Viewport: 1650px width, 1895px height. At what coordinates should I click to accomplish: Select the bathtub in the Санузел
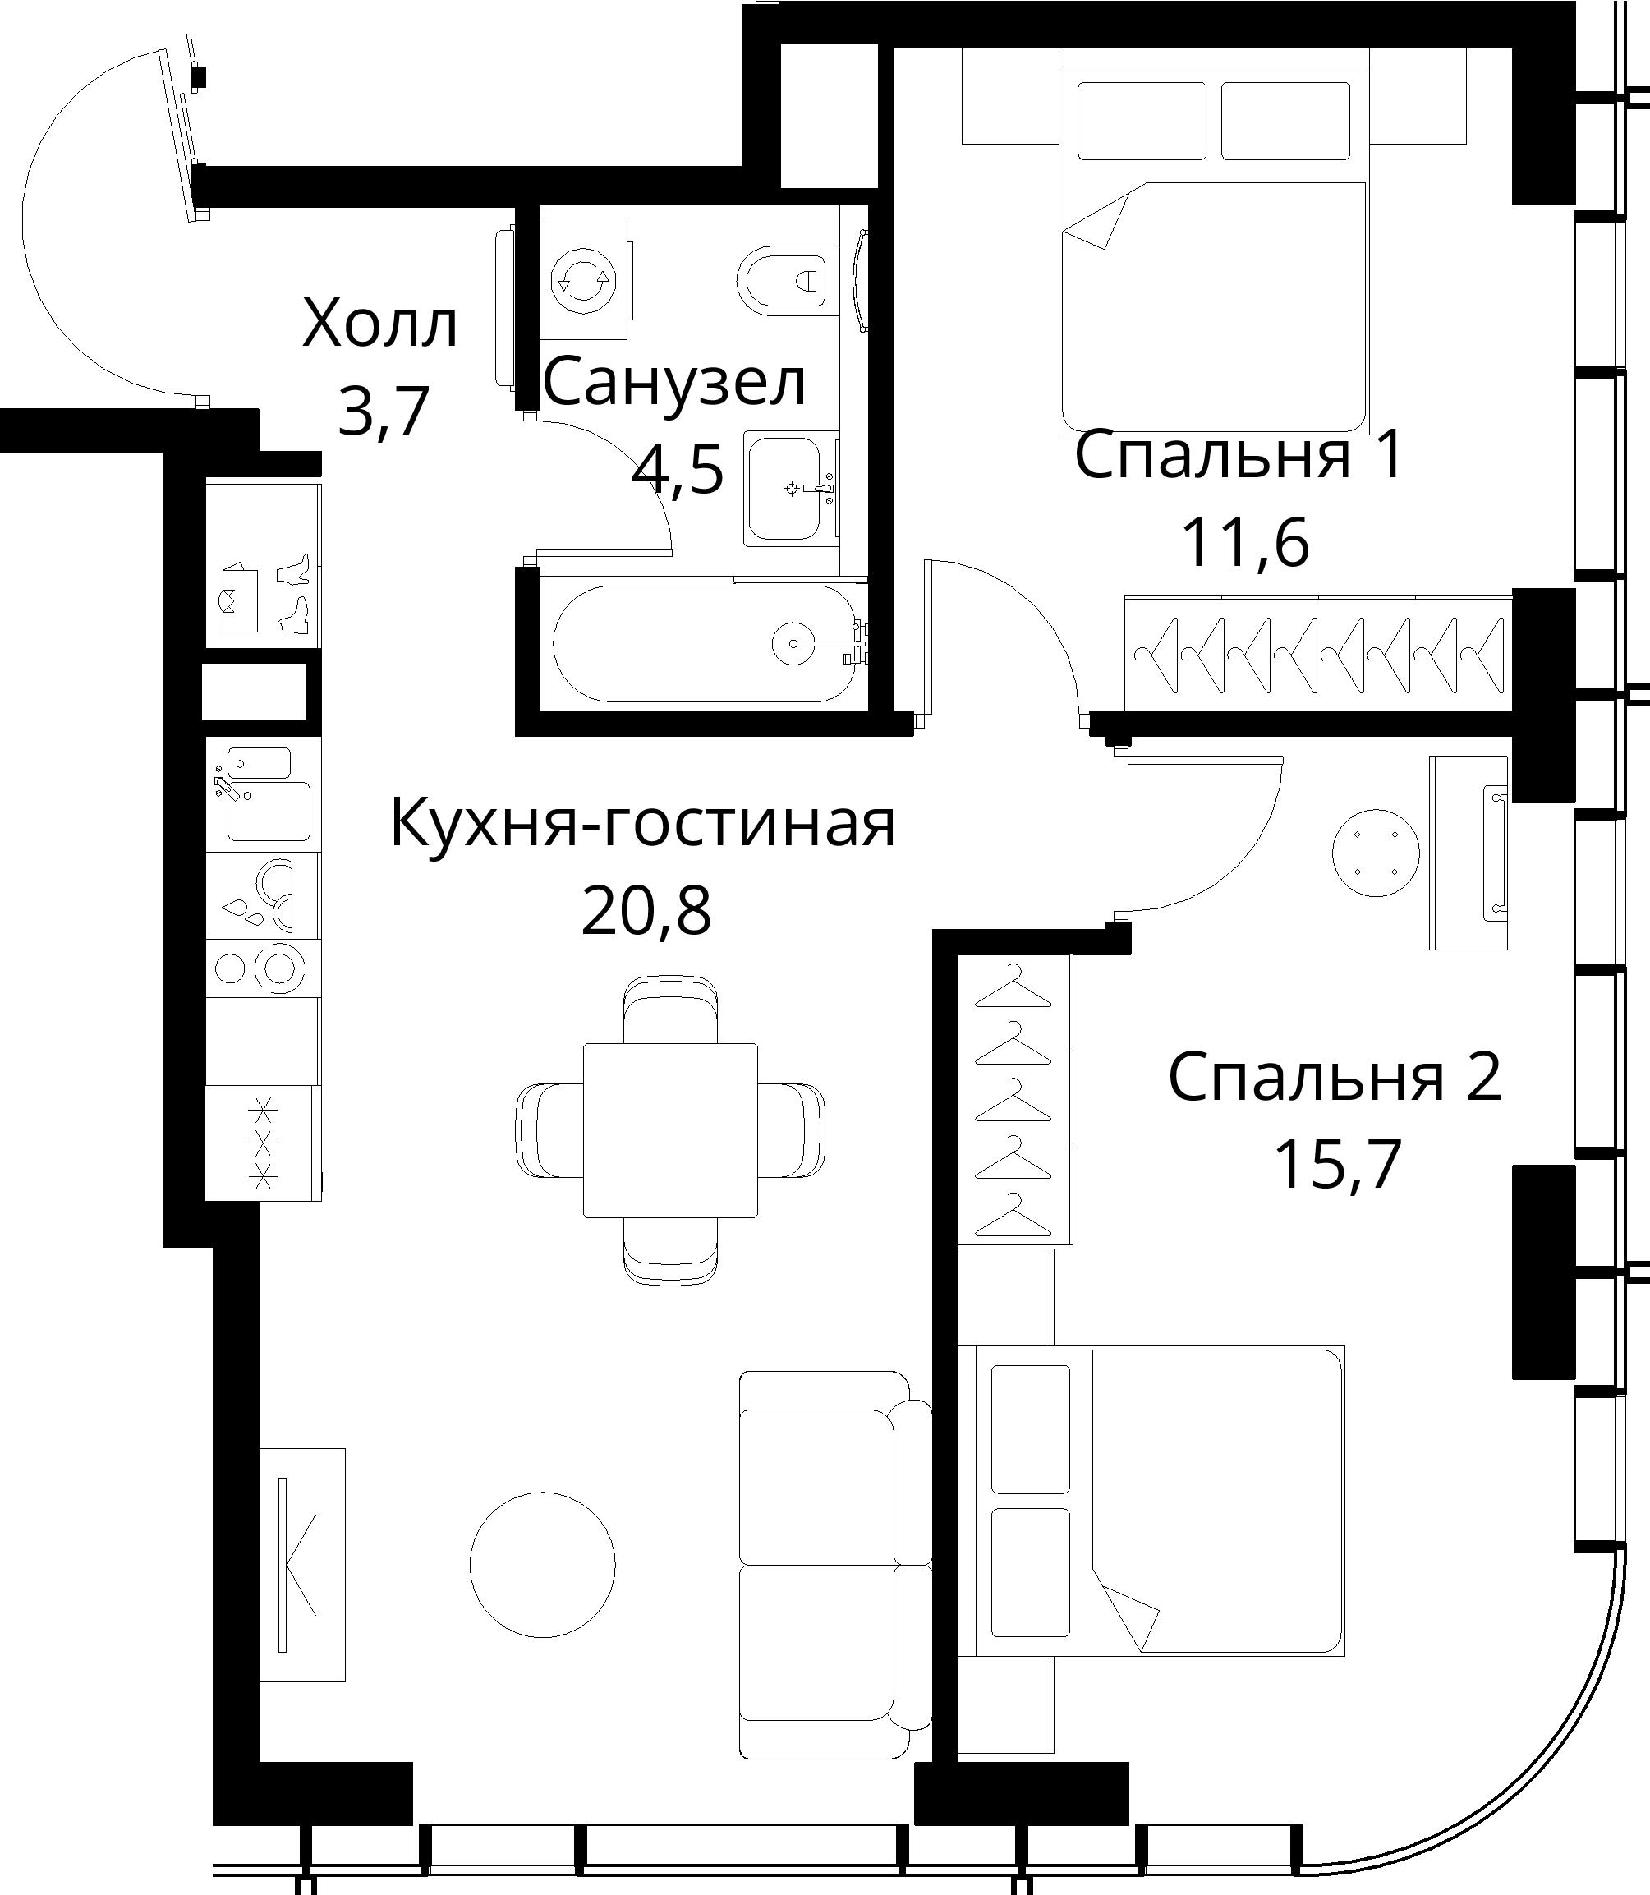(708, 644)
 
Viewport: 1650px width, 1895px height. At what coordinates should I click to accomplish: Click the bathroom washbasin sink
(783, 488)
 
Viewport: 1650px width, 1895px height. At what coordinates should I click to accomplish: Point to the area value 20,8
(646, 911)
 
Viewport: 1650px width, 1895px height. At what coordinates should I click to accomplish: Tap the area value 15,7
(1337, 1164)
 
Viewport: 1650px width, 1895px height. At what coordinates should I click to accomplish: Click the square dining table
(670, 1129)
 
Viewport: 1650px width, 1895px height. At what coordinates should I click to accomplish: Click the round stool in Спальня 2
(1376, 853)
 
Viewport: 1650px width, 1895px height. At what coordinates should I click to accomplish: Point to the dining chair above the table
(670, 1010)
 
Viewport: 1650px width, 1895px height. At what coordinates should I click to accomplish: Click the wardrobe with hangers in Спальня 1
(1317, 654)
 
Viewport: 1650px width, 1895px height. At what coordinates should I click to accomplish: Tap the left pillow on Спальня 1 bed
(1142, 121)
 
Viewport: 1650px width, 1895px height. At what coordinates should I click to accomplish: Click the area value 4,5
(677, 471)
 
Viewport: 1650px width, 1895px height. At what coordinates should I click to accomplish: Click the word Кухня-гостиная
(643, 823)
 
